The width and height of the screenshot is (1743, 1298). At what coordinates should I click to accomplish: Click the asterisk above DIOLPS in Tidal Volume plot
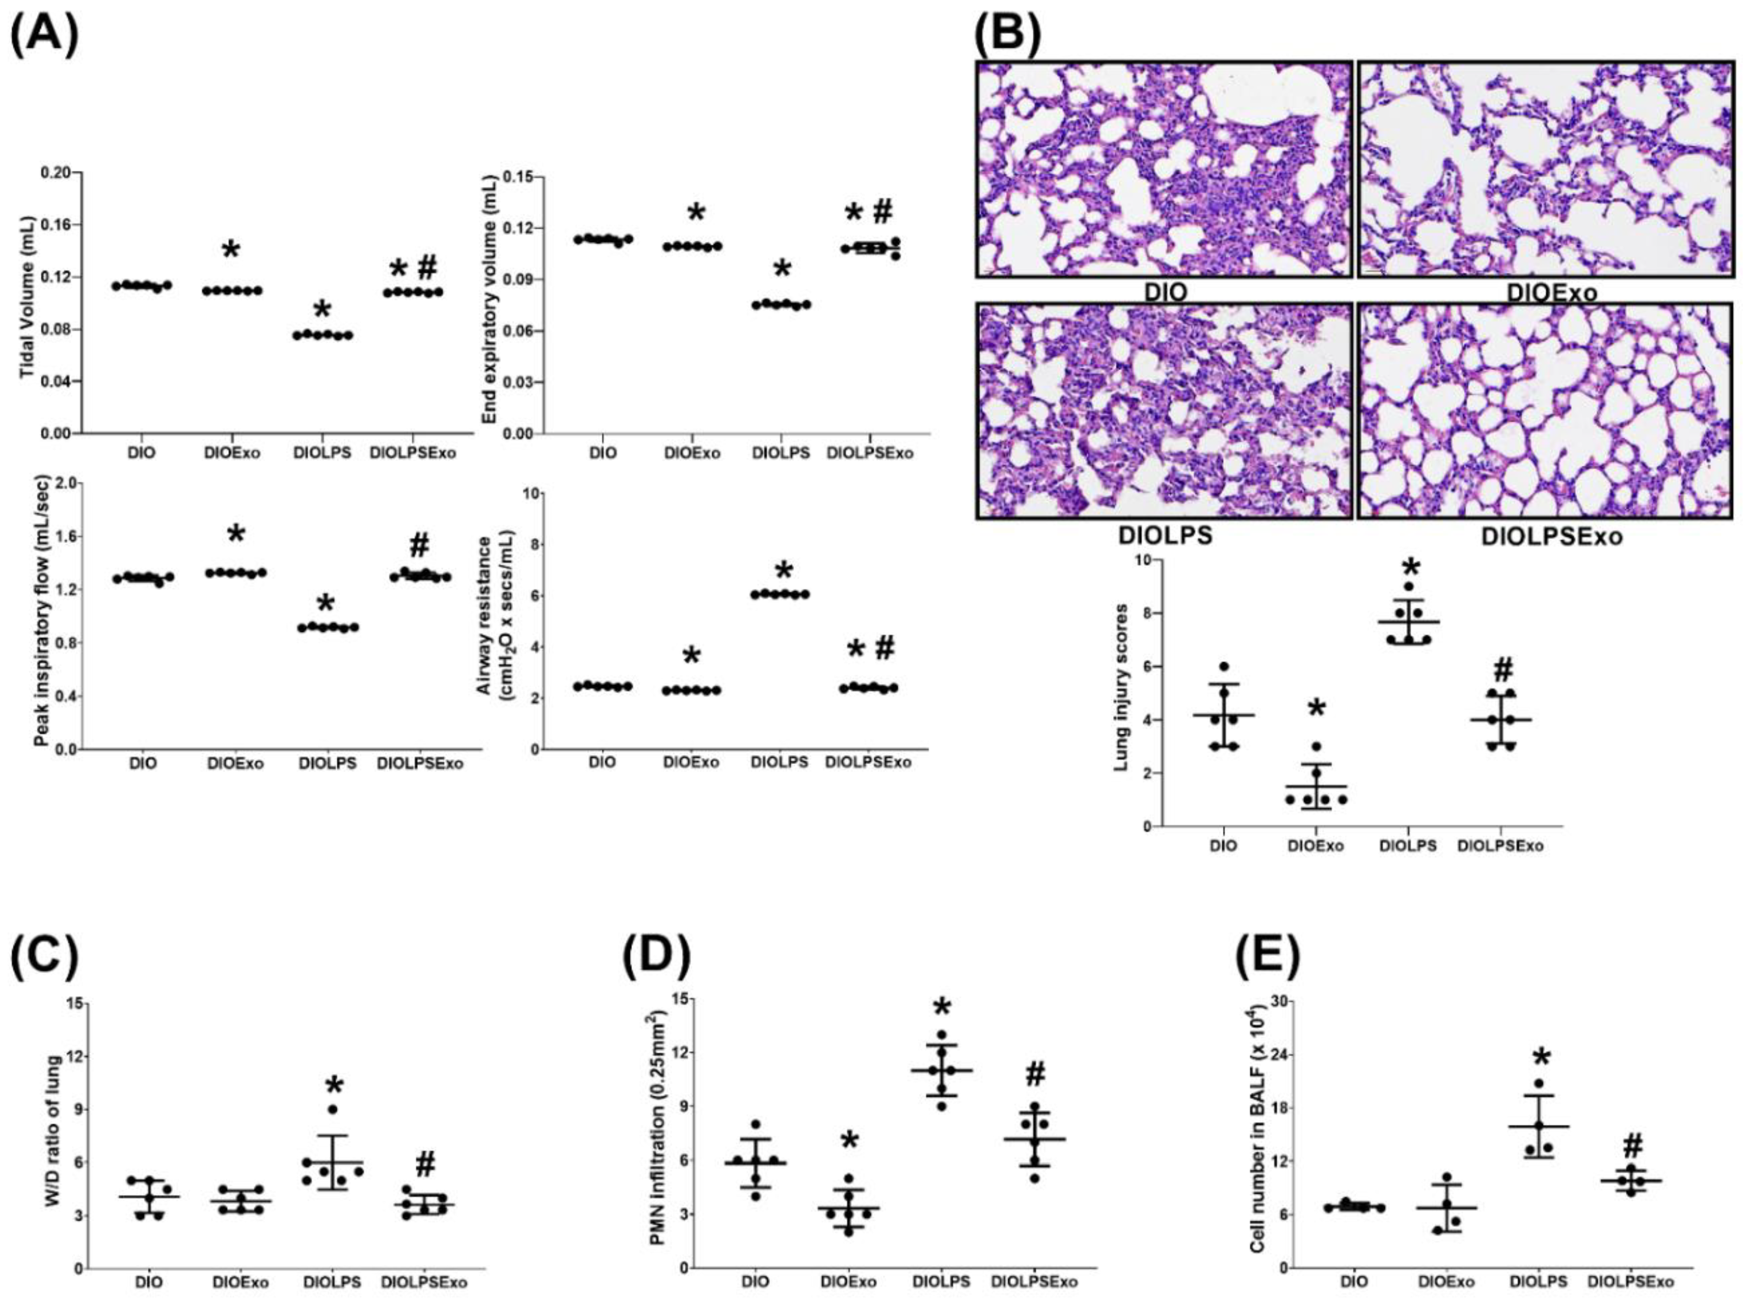point(323,308)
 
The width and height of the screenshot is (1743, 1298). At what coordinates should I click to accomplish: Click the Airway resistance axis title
point(494,620)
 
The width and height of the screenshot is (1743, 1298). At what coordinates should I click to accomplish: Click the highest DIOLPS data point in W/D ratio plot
point(332,1109)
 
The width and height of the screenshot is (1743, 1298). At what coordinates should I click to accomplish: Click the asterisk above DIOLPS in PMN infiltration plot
point(943,1008)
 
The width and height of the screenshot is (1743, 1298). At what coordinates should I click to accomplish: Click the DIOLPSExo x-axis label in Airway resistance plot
point(870,762)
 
